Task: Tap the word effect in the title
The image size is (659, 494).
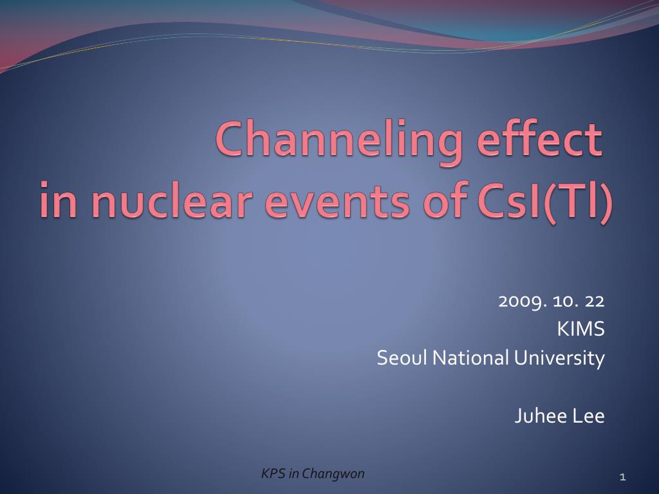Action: [x=540, y=138]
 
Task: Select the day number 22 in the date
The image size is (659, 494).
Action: [x=595, y=301]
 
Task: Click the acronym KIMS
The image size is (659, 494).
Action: [x=581, y=329]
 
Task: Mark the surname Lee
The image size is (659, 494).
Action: [x=588, y=416]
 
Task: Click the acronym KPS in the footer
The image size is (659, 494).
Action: [x=274, y=473]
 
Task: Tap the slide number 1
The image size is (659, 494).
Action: [x=623, y=477]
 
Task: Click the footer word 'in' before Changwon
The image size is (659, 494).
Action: [x=293, y=473]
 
